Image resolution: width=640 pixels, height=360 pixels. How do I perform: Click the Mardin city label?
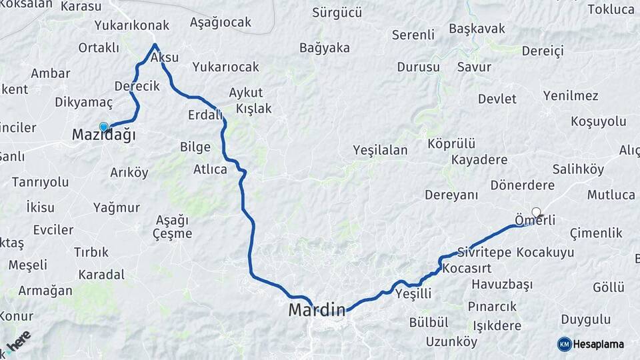[x=317, y=310]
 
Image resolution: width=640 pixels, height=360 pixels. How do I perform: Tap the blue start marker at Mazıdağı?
[x=103, y=127]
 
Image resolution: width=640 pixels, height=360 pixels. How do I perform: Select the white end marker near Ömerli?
[x=536, y=212]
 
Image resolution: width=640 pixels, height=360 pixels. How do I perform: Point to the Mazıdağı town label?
[x=103, y=136]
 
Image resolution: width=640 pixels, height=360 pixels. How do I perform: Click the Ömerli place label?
[x=535, y=220]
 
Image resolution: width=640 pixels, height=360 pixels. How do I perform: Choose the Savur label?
[x=474, y=67]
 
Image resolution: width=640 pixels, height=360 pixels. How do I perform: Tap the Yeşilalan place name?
[x=380, y=150]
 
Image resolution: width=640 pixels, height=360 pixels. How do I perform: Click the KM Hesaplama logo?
[x=591, y=344]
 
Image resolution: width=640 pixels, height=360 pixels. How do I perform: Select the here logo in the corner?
[x=18, y=341]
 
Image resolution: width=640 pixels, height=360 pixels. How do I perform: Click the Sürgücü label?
[x=337, y=12]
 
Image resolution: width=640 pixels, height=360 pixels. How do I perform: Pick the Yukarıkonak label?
[x=132, y=26]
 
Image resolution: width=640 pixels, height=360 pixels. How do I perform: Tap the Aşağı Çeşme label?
[x=172, y=227]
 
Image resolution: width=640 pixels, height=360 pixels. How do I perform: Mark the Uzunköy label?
[x=452, y=342]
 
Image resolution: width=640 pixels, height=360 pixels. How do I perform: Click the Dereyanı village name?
[x=451, y=195]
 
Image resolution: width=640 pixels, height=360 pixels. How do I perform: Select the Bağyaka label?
[x=325, y=47]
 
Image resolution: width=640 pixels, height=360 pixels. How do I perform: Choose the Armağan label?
[x=45, y=291]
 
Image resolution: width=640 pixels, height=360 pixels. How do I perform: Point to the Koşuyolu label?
[x=599, y=121]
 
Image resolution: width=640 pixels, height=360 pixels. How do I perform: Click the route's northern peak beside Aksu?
[x=155, y=45]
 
